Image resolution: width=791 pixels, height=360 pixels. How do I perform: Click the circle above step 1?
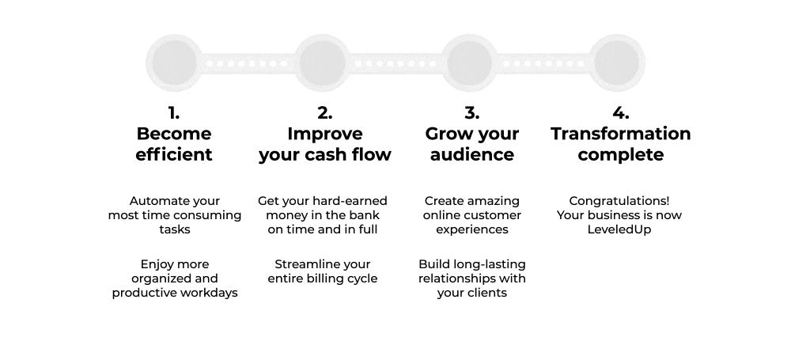[x=174, y=63]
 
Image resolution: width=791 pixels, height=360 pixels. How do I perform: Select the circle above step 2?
[x=323, y=63]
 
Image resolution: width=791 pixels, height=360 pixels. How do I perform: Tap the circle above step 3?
[x=470, y=63]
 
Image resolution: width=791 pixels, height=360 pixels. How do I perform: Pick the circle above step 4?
[x=617, y=63]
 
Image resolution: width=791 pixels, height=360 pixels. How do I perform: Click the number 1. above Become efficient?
[x=173, y=113]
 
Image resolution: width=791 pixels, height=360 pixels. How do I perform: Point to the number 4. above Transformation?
[x=620, y=113]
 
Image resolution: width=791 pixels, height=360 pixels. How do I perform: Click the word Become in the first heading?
[x=173, y=134]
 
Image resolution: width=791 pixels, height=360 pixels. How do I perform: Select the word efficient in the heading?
[x=173, y=154]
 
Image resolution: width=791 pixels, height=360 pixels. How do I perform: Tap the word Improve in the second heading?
[x=325, y=134]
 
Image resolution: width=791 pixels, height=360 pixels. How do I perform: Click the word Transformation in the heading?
[x=620, y=134]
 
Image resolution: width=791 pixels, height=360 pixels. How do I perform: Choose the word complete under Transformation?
[x=620, y=155]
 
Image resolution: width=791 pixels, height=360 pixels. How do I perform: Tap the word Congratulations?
[x=619, y=201]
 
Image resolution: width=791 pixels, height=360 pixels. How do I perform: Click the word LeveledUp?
[x=619, y=229]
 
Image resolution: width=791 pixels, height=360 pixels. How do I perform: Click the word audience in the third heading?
[x=471, y=154]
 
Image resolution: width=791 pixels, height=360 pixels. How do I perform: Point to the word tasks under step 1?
[x=175, y=229]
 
